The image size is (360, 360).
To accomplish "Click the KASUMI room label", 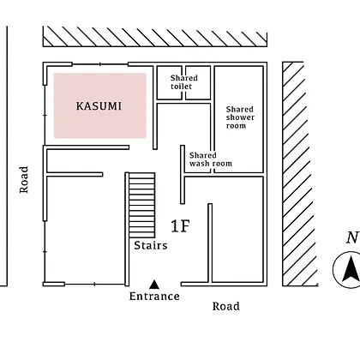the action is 99,106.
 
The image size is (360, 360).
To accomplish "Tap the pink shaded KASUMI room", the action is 100,105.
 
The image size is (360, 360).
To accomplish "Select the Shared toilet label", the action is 184,82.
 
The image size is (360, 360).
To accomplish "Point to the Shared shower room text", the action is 240,117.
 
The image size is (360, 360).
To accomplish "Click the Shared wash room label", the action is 211,159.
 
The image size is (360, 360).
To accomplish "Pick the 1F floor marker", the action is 180,226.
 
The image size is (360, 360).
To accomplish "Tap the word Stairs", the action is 151,245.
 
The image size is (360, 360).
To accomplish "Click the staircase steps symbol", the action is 142,205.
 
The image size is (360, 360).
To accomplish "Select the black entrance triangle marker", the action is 154,285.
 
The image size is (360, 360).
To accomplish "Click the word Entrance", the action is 154,297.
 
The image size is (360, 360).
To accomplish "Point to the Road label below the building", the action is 226,306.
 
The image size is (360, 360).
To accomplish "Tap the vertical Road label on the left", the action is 24,180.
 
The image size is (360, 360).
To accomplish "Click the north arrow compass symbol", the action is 346,270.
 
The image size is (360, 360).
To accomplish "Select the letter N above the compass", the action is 352,237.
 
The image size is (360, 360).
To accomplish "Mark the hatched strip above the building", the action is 155,37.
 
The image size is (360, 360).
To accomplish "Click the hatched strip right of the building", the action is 300,174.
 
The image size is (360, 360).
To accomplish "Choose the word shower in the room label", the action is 240,117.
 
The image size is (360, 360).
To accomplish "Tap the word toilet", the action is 181,87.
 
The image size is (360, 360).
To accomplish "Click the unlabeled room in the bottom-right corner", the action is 237,230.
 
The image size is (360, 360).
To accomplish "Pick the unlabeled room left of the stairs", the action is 85,230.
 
